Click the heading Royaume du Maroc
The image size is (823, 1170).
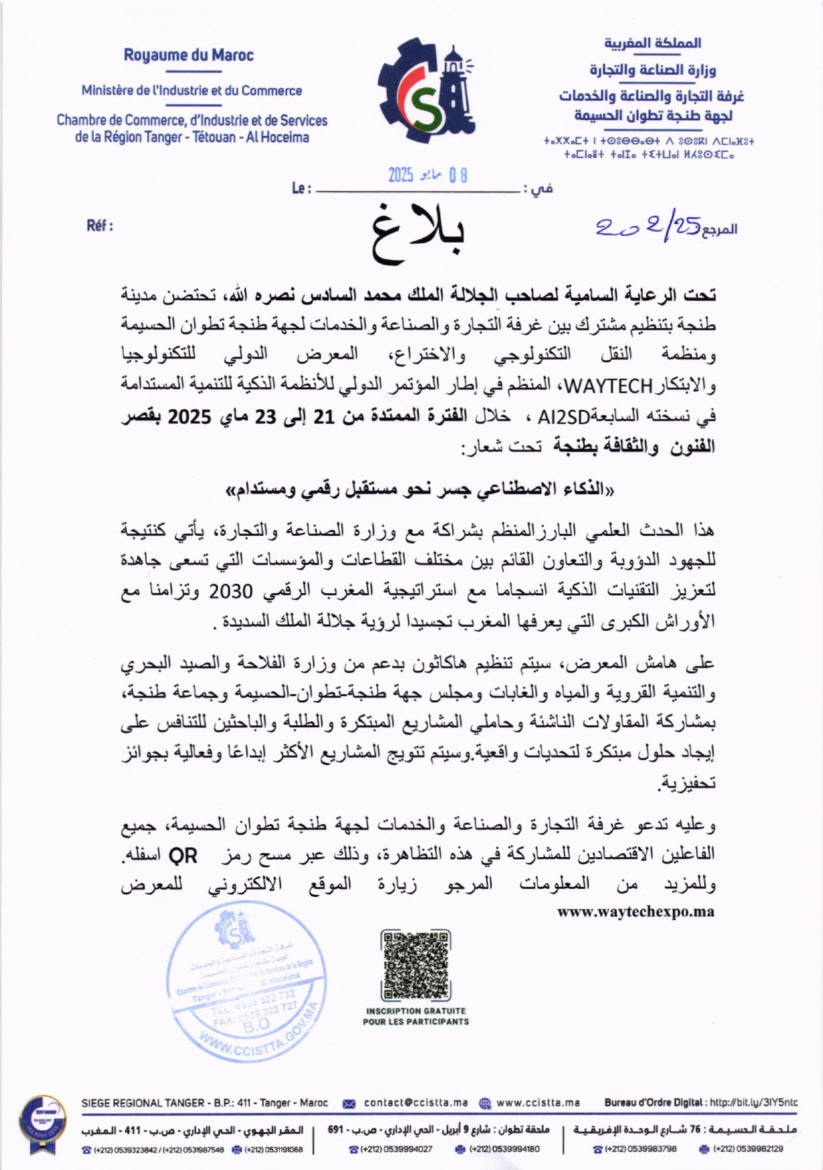point(189,55)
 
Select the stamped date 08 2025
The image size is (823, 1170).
point(428,176)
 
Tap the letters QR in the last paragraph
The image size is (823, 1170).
point(183,856)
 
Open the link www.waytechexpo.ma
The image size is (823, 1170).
point(636,912)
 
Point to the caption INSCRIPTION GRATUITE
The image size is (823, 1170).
point(416,1010)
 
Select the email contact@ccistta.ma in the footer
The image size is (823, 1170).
point(416,1103)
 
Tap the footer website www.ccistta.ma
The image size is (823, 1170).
point(538,1103)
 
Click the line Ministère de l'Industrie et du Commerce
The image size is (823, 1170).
point(191,91)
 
